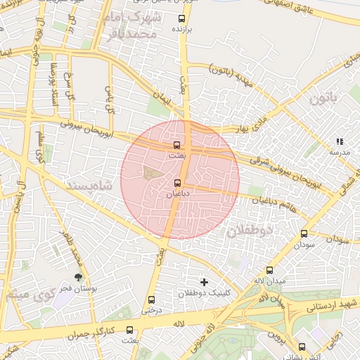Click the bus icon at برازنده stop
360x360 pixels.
(183, 19)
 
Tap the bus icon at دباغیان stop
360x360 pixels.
(177, 183)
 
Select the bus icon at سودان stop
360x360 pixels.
(304, 234)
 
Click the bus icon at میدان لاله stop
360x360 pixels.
(269, 271)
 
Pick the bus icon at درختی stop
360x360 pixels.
(152, 300)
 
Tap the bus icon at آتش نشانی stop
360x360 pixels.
(302, 347)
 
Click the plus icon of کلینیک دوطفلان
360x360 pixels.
(204, 282)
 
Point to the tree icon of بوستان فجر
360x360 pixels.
(78, 277)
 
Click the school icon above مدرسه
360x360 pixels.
(340, 141)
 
